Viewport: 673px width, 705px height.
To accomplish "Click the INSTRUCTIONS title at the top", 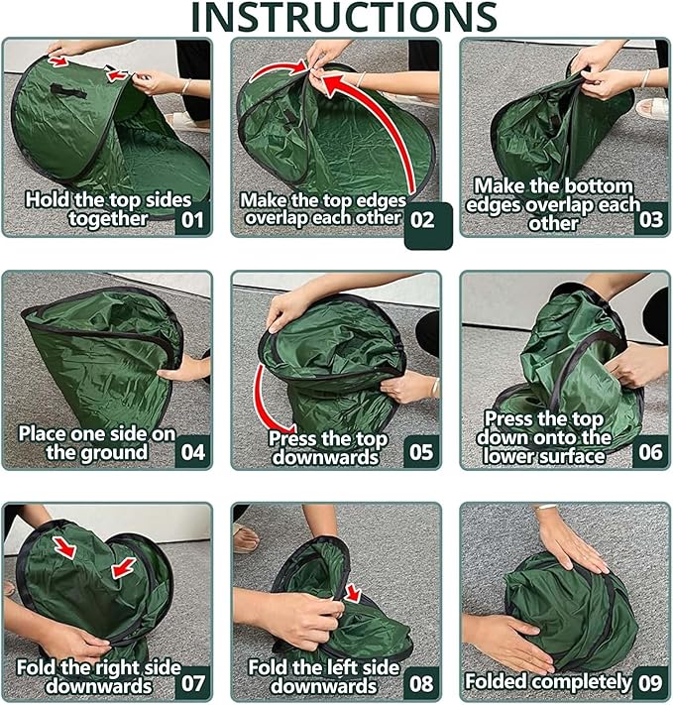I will [343, 17].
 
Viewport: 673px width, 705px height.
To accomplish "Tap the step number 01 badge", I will [193, 219].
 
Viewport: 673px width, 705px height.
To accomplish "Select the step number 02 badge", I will [423, 219].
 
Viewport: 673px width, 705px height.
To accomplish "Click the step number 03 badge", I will [650, 219].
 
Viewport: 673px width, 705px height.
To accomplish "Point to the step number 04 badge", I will [193, 452].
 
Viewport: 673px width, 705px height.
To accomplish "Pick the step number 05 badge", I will [421, 452].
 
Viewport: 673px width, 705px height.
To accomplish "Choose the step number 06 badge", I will [650, 452].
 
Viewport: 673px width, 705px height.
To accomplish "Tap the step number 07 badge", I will [193, 683].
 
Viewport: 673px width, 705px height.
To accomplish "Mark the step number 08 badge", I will [421, 683].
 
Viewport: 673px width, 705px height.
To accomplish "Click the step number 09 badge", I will [650, 683].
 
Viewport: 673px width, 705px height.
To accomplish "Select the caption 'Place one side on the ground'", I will [96, 442].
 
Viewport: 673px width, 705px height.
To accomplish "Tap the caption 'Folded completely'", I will [548, 682].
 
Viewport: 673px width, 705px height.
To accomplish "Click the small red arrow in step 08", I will [354, 593].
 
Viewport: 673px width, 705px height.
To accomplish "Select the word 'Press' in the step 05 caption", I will [295, 438].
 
